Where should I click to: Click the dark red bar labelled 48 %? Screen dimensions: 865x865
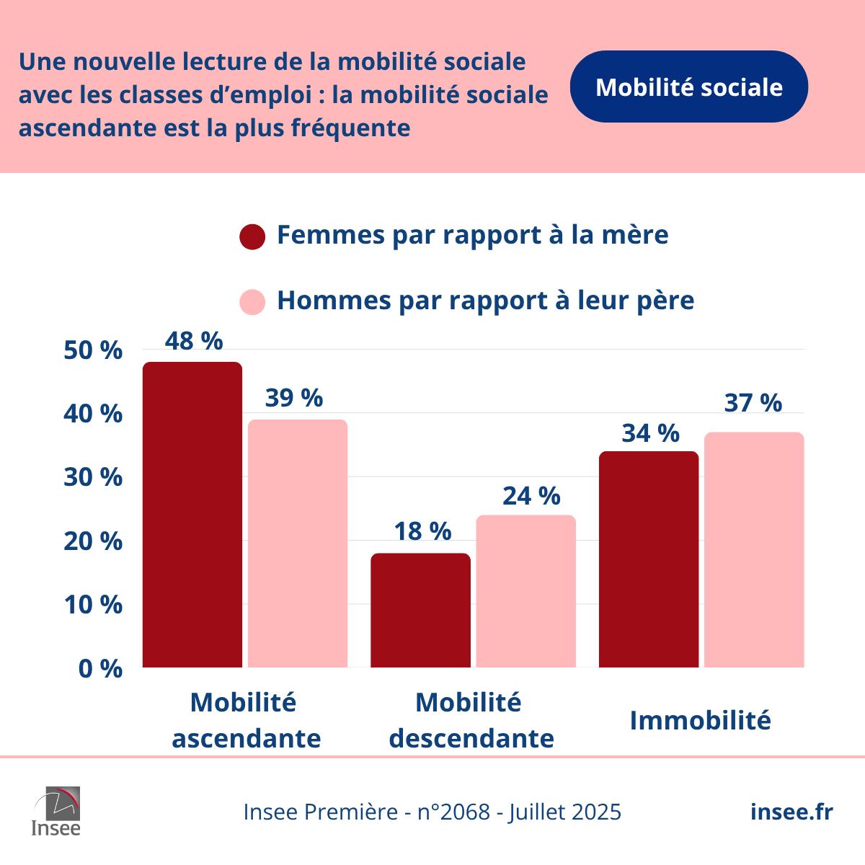(192, 515)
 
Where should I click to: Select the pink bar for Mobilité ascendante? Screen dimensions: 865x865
(298, 544)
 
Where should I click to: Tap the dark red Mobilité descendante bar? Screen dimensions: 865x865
(420, 611)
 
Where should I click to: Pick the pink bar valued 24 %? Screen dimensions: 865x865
(526, 591)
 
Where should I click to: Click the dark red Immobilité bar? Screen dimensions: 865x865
(649, 559)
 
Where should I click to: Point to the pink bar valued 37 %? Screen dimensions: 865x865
(754, 550)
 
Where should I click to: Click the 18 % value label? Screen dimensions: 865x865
(422, 531)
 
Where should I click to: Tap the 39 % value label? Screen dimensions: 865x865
(294, 398)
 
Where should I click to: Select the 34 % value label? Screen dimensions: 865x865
(650, 433)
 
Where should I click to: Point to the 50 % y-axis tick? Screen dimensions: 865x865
(93, 351)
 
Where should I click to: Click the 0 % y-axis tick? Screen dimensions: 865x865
(100, 669)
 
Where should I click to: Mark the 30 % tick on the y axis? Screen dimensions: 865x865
(93, 477)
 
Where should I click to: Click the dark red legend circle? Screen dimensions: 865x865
(252, 236)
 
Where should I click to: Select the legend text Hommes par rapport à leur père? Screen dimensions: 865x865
(485, 301)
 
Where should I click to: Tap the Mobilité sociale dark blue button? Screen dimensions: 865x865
(688, 87)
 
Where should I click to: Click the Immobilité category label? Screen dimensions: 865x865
(700, 720)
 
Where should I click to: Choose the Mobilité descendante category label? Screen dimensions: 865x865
(471, 720)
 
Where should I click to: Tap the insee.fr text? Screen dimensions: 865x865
(791, 812)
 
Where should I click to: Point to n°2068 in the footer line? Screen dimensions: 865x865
(453, 812)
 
